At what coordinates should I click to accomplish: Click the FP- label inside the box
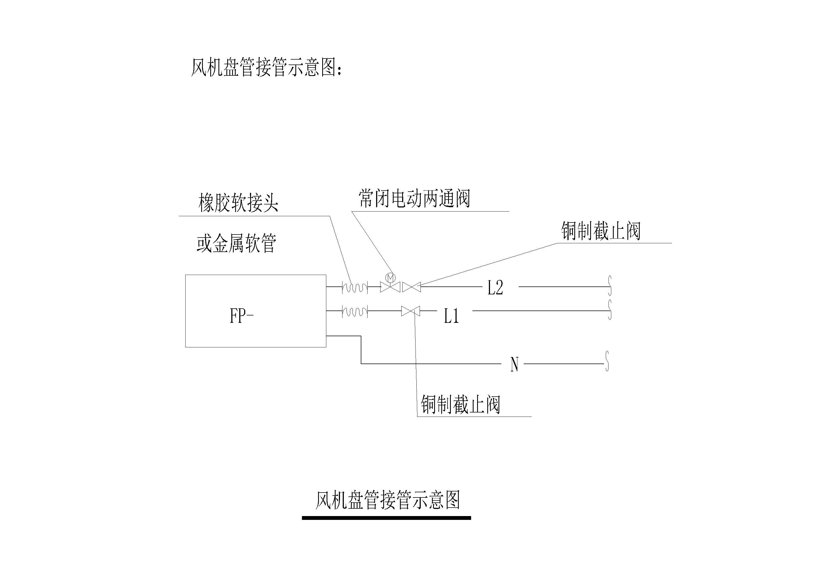[241, 316]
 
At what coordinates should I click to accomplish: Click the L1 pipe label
[451, 316]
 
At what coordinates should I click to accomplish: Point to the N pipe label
[514, 364]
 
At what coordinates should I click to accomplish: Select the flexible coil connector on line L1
[355, 311]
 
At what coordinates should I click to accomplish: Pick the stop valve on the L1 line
[410, 311]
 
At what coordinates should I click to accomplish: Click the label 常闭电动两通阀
[414, 198]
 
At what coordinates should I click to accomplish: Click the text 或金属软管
[236, 243]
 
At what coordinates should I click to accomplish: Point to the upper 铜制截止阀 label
[601, 231]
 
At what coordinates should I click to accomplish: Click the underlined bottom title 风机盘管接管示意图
[387, 500]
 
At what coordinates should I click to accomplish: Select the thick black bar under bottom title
[386, 518]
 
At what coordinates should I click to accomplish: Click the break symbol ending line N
[607, 361]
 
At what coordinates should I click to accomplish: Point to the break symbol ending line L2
[610, 286]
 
